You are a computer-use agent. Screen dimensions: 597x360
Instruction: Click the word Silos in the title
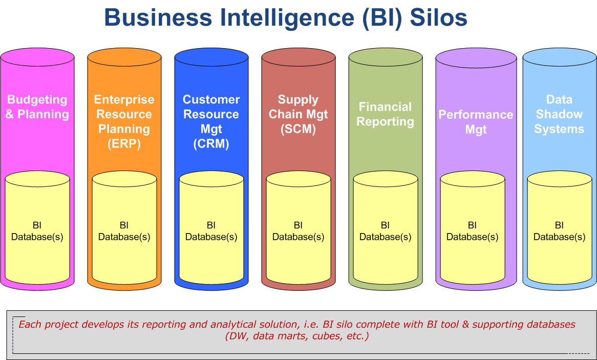pos(438,17)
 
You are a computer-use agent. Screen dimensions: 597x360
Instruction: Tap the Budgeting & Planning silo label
pos(37,107)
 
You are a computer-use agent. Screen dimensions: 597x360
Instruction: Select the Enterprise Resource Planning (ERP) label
pos(124,121)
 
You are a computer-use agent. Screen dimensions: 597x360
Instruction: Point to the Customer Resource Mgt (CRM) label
pos(211,121)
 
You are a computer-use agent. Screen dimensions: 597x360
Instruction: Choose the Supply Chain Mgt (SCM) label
pos(298,114)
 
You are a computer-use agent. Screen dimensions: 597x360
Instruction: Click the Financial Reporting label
pos(386,114)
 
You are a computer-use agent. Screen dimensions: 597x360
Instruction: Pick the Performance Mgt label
pos(476,122)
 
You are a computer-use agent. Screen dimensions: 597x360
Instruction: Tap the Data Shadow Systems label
pos(559,114)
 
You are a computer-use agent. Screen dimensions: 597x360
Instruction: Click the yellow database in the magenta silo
pos(37,227)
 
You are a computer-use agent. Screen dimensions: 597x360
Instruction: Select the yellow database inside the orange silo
pos(124,227)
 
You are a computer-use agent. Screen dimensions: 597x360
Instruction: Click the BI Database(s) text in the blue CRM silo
pos(211,231)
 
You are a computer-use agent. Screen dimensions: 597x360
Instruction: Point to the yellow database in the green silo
pos(386,227)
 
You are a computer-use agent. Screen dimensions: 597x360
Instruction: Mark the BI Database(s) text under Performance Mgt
pos(473,231)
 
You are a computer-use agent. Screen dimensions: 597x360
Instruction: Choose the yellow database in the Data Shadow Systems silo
pos(560,227)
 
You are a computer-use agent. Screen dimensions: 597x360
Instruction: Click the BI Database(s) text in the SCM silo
pos(298,231)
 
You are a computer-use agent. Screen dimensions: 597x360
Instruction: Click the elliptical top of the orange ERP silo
pos(124,57)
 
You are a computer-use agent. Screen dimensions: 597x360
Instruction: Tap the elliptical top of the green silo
pos(386,57)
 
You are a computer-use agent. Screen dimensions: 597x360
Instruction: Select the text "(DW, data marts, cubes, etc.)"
pos(296,336)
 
